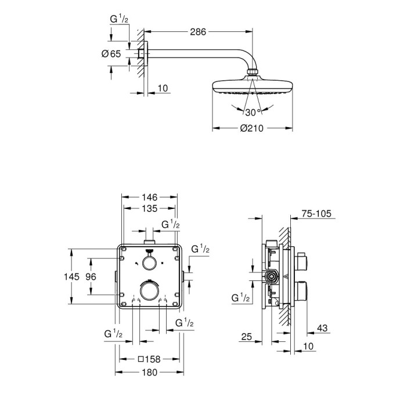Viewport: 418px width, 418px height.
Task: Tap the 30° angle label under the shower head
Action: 252,112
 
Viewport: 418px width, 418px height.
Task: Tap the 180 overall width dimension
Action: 150,372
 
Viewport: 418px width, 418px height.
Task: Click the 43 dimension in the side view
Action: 323,329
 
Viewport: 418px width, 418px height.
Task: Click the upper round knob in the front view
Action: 149,263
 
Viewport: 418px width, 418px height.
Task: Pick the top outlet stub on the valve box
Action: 149,239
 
